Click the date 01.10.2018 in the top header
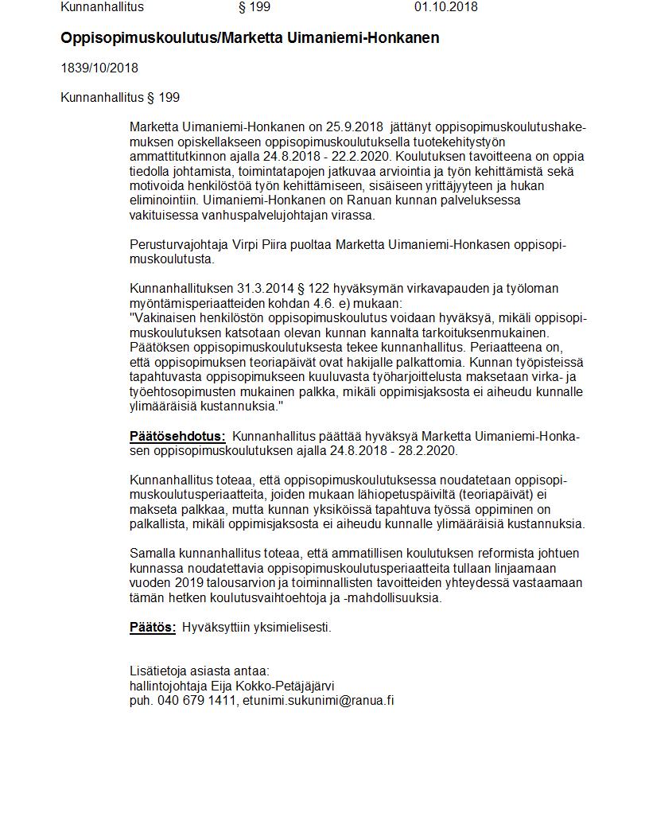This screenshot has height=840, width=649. click(x=445, y=7)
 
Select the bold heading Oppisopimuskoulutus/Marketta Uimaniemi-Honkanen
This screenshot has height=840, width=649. click(x=250, y=38)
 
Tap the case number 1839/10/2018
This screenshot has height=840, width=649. click(x=99, y=68)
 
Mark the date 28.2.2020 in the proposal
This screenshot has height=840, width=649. click(x=431, y=450)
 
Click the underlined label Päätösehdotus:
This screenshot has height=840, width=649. click(x=177, y=436)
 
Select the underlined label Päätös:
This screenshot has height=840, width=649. click(x=153, y=627)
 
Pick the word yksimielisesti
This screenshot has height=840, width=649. click(x=291, y=627)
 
